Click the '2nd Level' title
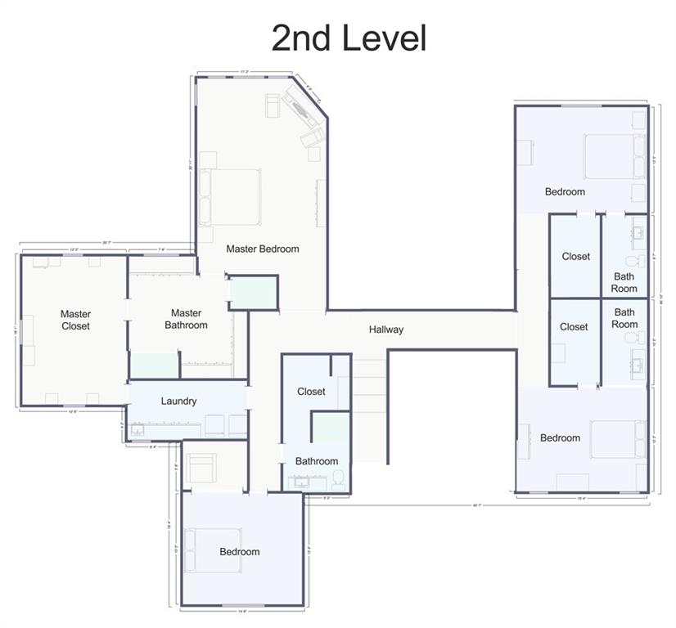349,38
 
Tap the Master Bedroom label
263,249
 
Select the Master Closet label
75,320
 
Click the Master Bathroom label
186,319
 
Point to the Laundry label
178,401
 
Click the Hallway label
385,330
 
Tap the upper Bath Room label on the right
624,282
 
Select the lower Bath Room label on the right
624,317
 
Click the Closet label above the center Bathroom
311,392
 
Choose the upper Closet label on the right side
575,256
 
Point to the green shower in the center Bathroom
331,428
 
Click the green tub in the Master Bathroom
155,365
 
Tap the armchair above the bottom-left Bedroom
201,469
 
